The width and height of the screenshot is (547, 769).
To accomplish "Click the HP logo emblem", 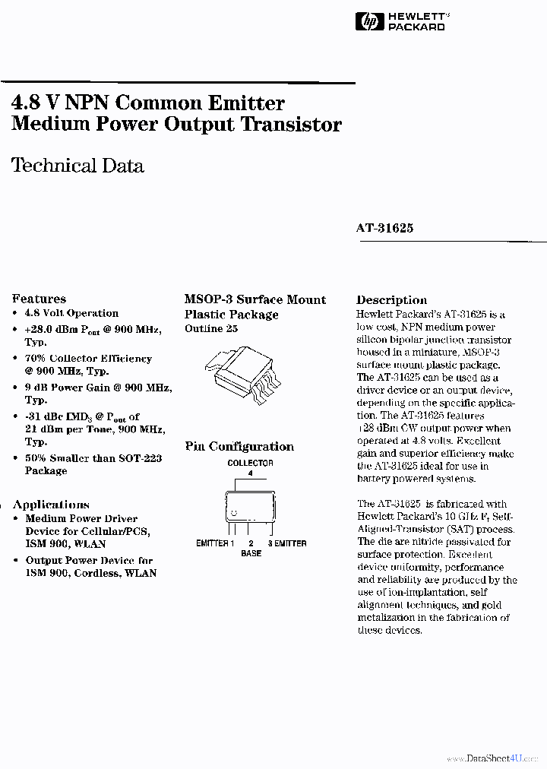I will click(x=370, y=22).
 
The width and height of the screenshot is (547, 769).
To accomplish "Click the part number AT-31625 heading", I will click(x=384, y=228).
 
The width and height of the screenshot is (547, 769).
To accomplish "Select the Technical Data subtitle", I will click(x=77, y=166).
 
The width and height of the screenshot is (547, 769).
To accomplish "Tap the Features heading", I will click(x=39, y=299).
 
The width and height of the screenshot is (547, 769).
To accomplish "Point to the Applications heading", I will click(x=51, y=505).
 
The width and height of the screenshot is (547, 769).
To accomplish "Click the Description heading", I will click(x=391, y=299).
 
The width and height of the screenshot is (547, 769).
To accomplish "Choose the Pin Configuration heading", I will click(x=239, y=447).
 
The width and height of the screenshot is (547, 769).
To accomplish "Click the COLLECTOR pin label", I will click(x=250, y=463).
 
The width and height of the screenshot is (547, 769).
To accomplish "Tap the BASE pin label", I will click(x=251, y=553).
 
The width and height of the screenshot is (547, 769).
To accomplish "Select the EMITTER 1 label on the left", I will click(x=215, y=543).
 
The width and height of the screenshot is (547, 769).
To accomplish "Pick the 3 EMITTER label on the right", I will click(x=286, y=543).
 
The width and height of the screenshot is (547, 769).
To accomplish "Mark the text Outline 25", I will click(x=210, y=328).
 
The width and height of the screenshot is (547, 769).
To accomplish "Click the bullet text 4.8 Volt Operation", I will click(x=71, y=313).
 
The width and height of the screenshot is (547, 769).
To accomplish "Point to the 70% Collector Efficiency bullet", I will click(x=88, y=359).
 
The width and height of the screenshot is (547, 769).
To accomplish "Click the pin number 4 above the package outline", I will click(x=250, y=473).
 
